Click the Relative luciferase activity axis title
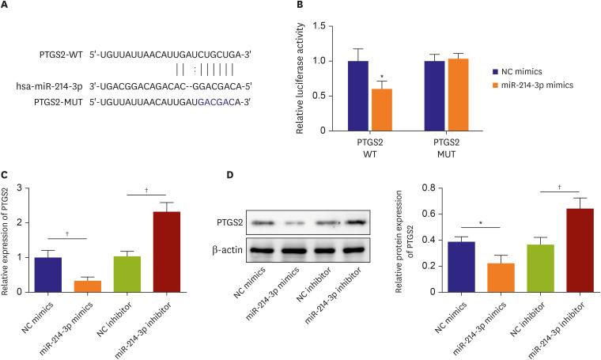click(x=301, y=78)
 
